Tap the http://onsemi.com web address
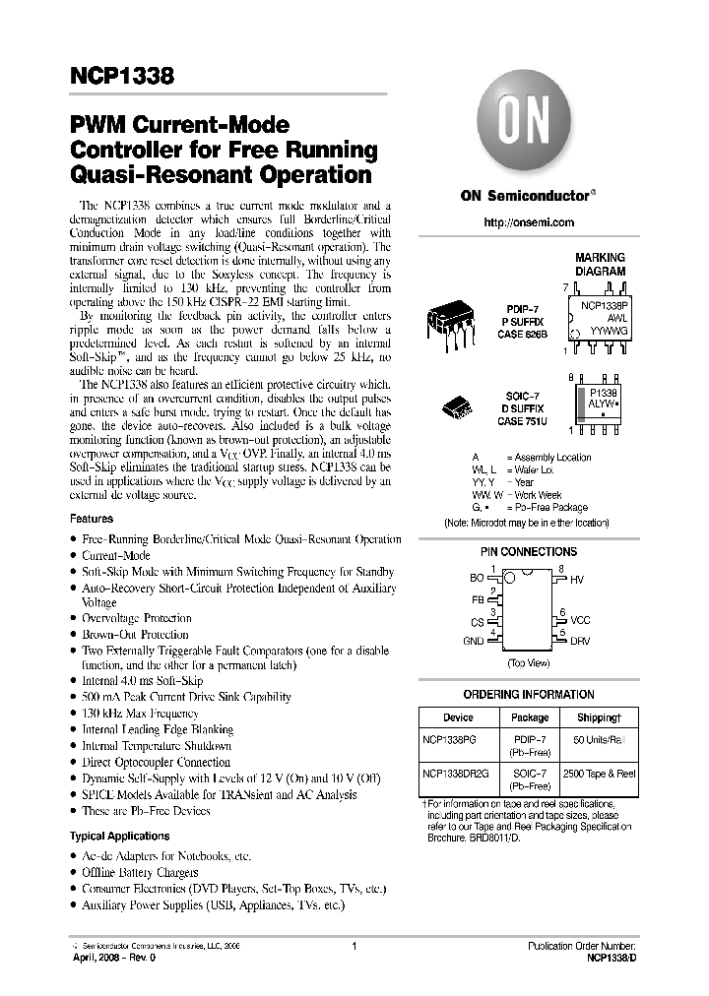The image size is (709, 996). (x=529, y=223)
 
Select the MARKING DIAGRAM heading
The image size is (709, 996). (x=601, y=264)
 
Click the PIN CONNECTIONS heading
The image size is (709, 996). (x=528, y=552)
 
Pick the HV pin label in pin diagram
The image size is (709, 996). (x=577, y=581)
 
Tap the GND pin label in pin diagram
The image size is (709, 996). (x=473, y=641)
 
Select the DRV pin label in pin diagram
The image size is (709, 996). (x=581, y=641)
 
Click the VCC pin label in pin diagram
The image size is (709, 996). (x=581, y=621)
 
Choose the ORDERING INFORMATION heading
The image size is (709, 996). (x=528, y=695)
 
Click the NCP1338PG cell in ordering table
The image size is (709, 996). (x=448, y=737)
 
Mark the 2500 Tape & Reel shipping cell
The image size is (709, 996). (x=599, y=775)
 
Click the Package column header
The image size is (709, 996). (x=530, y=717)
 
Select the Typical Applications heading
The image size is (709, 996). (x=119, y=836)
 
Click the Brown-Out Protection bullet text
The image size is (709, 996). (x=135, y=635)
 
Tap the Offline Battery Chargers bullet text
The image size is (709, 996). (x=140, y=872)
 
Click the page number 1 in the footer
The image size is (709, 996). (x=353, y=947)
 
